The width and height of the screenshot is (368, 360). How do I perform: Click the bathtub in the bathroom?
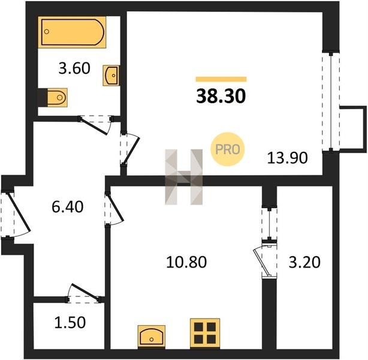72,32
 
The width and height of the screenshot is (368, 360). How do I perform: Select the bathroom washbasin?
111,76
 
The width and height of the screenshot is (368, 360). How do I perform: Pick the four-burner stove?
205,333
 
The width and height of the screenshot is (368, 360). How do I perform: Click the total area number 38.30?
221,97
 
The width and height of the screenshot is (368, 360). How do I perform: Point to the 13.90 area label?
287,158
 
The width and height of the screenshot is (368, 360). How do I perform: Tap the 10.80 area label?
186,262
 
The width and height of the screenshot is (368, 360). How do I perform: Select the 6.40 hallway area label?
68,207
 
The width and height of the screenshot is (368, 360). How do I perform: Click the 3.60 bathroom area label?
74,68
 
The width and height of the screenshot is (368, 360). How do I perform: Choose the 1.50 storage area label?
70,322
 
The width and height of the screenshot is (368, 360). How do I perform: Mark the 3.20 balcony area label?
304,262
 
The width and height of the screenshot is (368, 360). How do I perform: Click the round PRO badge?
227,149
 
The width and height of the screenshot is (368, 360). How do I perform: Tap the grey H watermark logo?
184,177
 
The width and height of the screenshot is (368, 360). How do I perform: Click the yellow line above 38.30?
221,79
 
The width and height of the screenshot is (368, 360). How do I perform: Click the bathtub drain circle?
47,31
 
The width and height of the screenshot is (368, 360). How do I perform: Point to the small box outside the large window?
353,128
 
